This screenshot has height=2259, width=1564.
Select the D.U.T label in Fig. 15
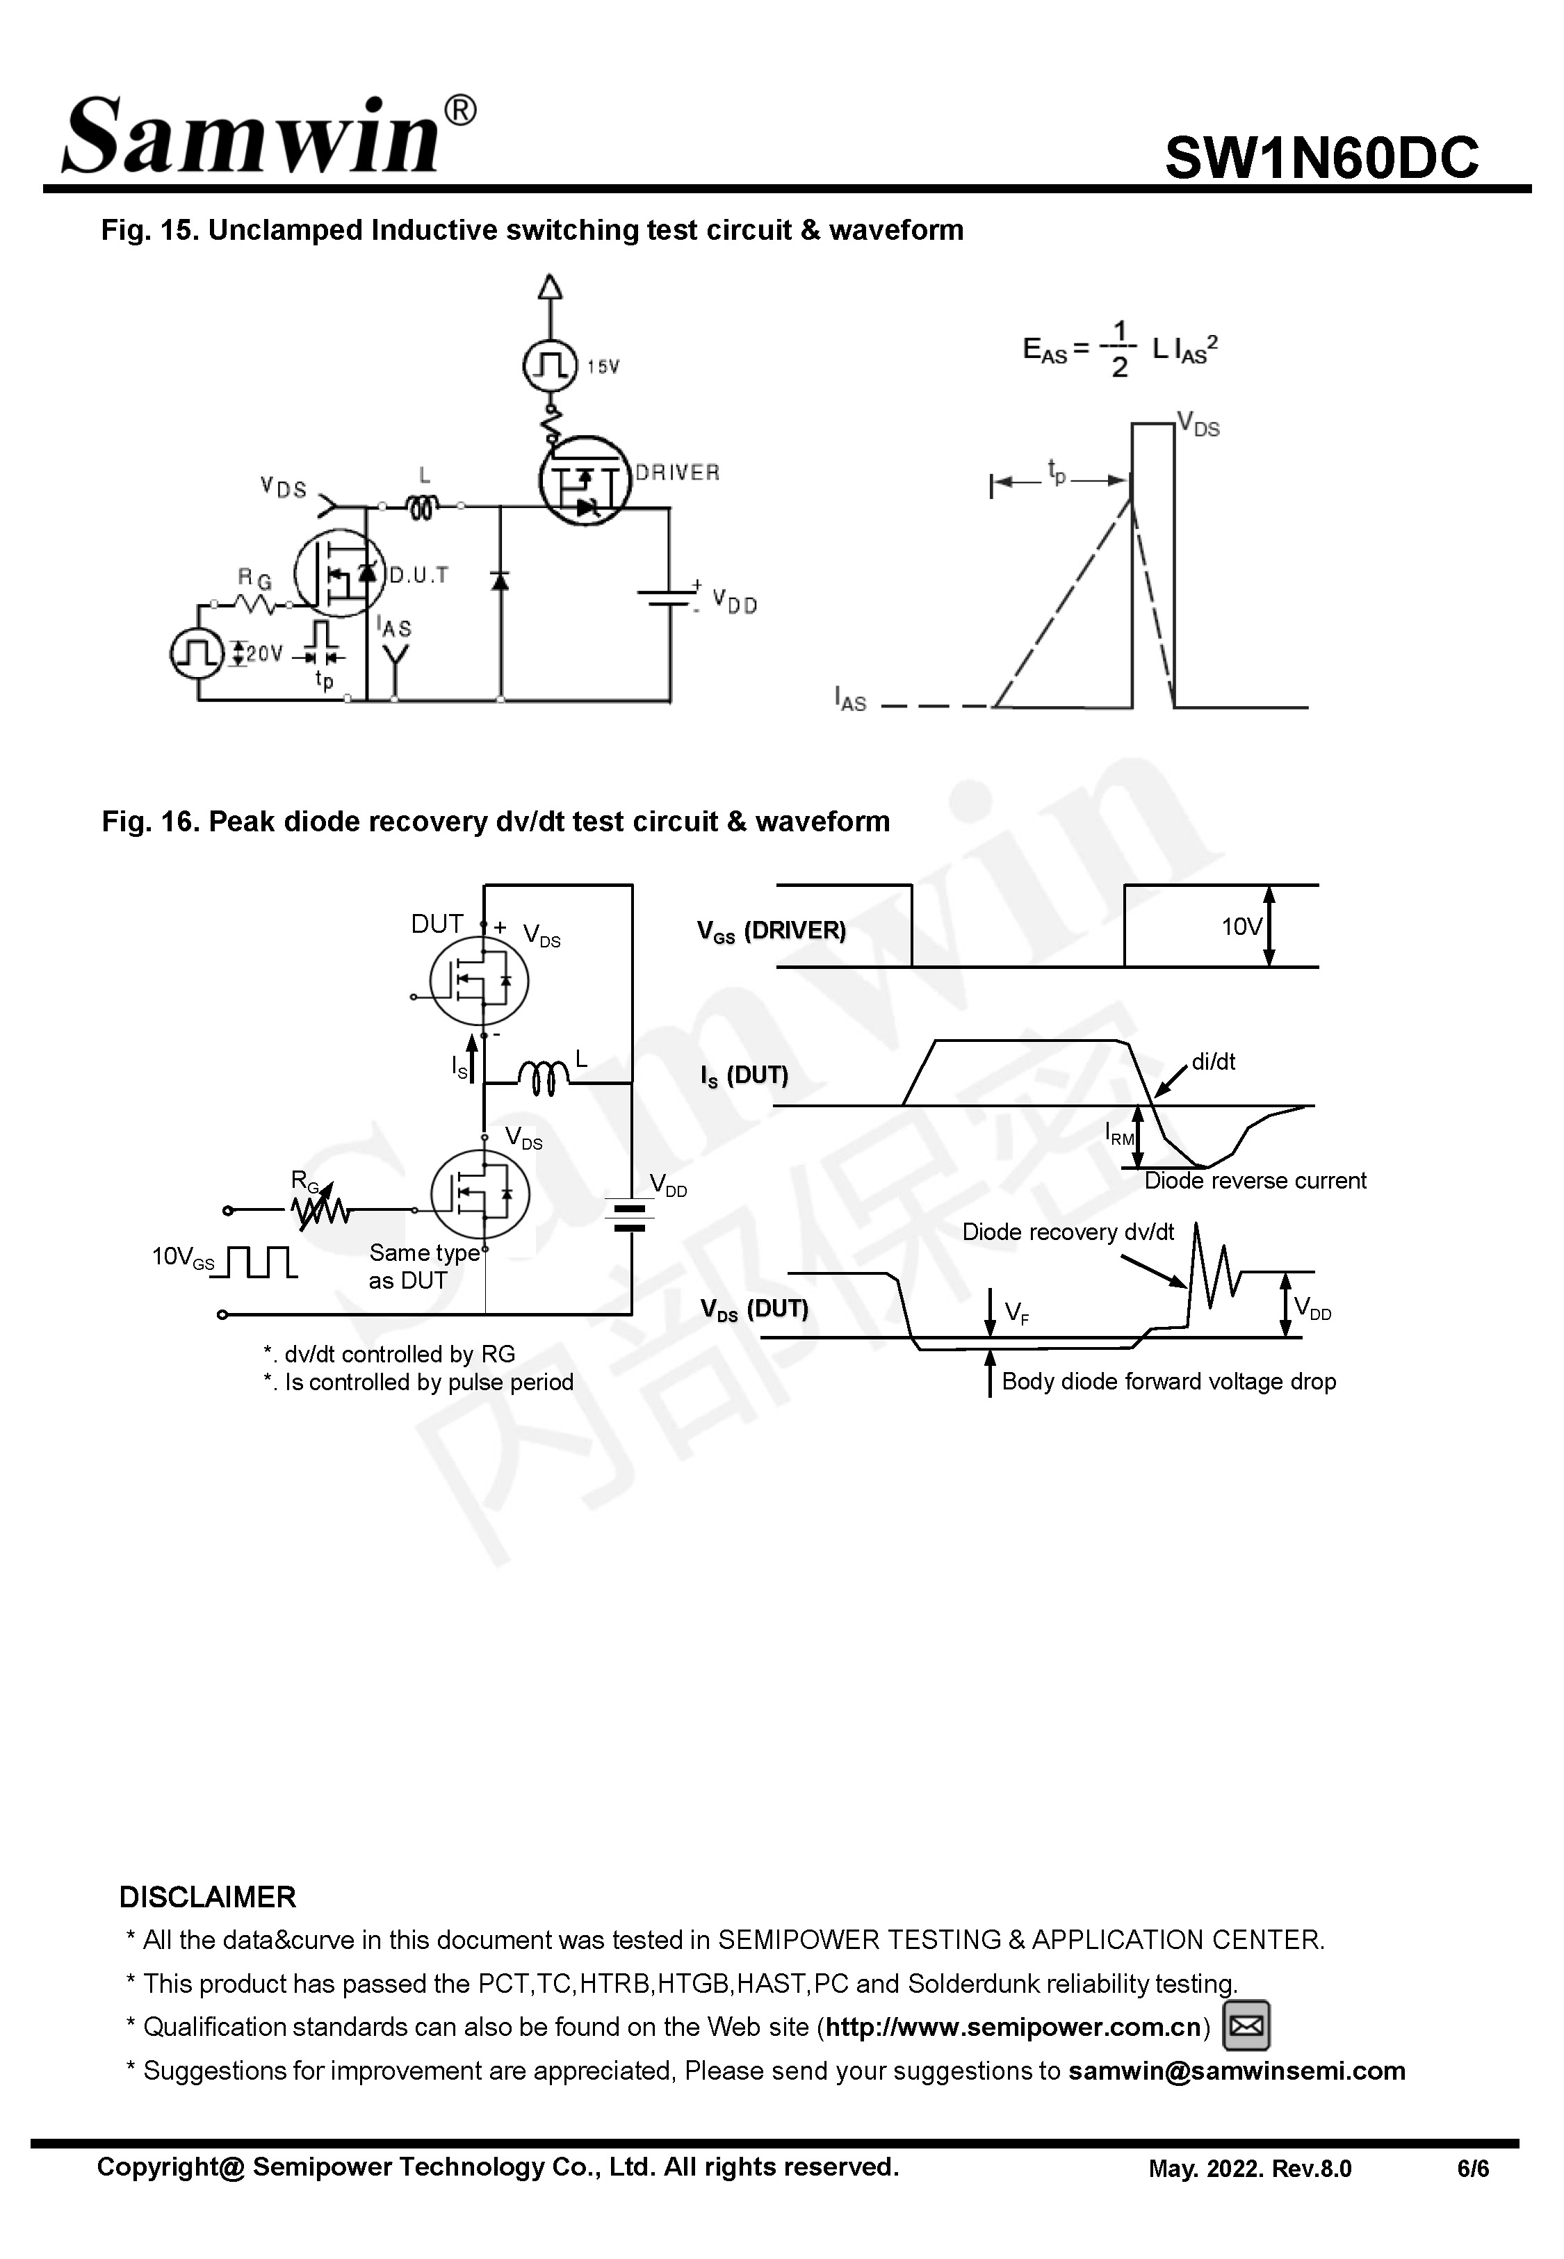[x=418, y=575]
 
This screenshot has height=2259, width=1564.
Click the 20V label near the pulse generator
[x=263, y=653]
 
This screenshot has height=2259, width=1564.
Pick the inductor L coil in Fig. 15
[x=423, y=507]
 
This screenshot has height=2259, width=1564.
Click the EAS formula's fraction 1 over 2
[x=1119, y=349]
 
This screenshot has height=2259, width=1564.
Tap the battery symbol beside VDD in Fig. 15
[x=668, y=598]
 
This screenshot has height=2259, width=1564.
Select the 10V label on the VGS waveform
[x=1241, y=927]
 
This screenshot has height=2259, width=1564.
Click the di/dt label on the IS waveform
[x=1213, y=1062]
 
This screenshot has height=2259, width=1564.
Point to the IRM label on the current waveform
[x=1119, y=1135]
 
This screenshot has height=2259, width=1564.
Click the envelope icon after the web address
[x=1246, y=2026]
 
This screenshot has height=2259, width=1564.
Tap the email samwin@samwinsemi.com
[x=1236, y=2070]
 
